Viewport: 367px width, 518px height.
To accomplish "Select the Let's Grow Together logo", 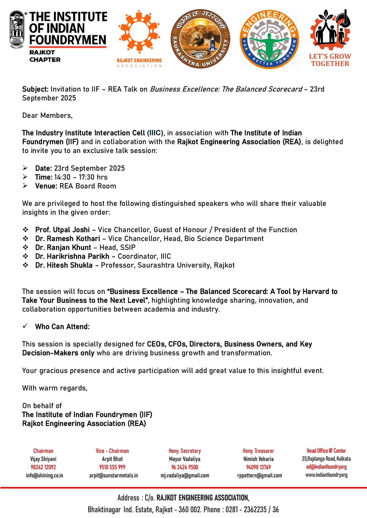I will point(330,38).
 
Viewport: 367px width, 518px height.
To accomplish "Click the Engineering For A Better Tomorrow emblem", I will point(269,39).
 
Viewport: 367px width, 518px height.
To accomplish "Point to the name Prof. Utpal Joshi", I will point(62,230).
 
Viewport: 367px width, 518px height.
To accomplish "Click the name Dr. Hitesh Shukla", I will point(64,265).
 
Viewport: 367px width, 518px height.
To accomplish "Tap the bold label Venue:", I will point(46,186).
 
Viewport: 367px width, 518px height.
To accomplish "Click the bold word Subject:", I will point(35,89).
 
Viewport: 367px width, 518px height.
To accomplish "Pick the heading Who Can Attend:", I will point(62,327).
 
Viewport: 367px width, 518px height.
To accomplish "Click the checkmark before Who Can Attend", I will point(25,326).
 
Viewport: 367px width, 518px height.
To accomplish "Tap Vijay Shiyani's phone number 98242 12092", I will point(43,467).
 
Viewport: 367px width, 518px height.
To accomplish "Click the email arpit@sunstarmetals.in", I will point(113,475).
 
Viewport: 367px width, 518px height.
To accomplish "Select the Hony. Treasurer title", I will point(258,451).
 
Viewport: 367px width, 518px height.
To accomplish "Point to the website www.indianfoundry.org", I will point(326,475).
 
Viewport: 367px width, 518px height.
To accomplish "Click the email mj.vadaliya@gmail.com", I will point(185,475).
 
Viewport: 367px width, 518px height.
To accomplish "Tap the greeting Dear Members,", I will point(47,115).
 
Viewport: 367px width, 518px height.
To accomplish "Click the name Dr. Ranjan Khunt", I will point(63,247).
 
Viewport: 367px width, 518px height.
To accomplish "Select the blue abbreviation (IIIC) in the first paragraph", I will point(155,133).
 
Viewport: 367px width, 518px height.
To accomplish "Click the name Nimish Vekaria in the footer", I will point(258,459).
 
